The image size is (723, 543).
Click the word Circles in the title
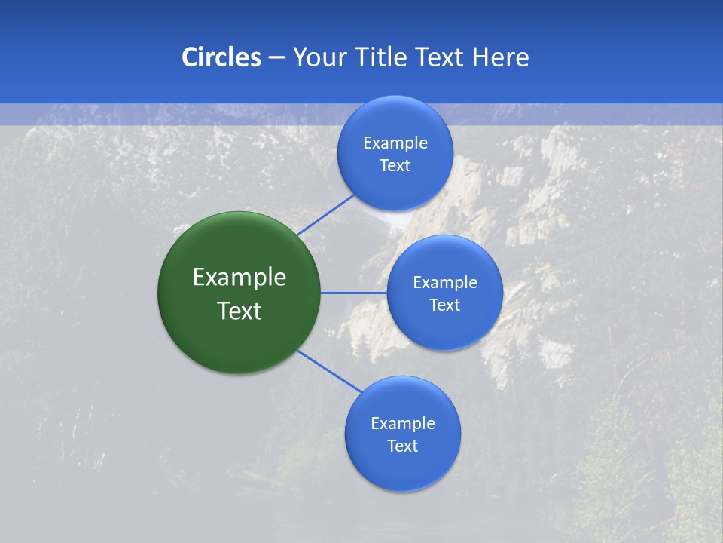(221, 57)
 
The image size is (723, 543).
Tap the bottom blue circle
(402, 468)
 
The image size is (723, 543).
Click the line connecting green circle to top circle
(325, 214)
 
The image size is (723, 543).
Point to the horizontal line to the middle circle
(353, 293)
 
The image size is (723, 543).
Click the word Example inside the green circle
(239, 278)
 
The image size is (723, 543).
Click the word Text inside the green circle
(239, 311)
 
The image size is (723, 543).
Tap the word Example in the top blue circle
(395, 143)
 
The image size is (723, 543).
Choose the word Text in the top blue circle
(395, 166)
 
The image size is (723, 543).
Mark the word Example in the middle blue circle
(444, 283)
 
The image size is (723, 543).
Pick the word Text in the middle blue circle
(444, 305)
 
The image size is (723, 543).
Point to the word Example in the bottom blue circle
(402, 424)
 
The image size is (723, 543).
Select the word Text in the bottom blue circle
(402, 446)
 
